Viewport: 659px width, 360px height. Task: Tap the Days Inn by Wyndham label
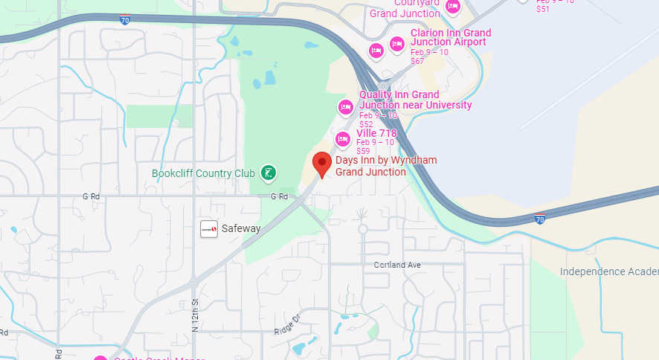(385, 166)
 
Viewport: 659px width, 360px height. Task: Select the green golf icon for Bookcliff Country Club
(268, 173)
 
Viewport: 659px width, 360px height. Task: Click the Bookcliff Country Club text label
(203, 173)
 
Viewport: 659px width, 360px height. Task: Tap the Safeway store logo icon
(209, 229)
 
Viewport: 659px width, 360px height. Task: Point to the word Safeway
(241, 229)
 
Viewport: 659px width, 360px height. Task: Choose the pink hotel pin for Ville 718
(342, 138)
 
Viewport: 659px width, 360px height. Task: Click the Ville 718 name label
(376, 133)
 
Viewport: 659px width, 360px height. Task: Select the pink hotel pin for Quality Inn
(345, 107)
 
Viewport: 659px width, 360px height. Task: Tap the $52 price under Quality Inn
(366, 124)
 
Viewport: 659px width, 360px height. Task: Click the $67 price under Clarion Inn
(417, 61)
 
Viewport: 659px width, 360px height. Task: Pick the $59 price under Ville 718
(363, 151)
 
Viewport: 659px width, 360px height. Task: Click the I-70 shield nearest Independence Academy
(540, 219)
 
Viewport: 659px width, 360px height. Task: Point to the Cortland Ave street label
(397, 265)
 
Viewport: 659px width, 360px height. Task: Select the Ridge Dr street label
(286, 325)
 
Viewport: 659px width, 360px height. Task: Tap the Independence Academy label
(608, 271)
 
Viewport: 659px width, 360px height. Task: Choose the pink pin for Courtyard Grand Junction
(452, 7)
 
